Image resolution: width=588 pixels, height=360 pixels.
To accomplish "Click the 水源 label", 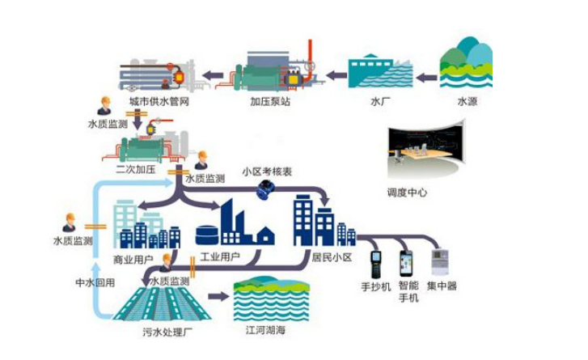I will tap(467, 102).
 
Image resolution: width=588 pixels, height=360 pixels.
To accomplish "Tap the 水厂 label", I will tap(379, 102).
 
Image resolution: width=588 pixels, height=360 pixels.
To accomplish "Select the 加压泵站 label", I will tap(269, 103).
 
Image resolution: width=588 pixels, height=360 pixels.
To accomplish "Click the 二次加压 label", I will tap(135, 171).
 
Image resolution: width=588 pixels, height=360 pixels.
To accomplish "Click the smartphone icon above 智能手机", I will tap(407, 263).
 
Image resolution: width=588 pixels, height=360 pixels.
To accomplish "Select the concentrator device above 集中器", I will tap(442, 264).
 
